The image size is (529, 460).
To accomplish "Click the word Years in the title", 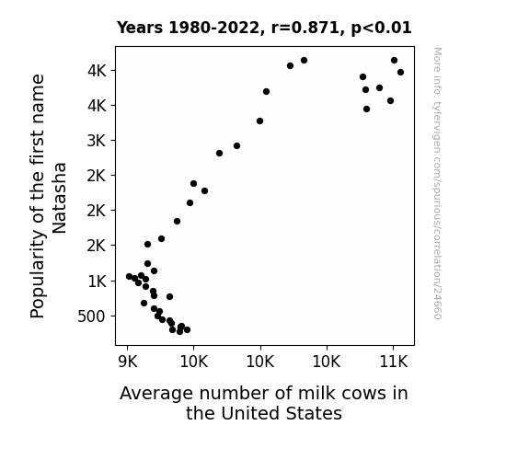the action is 140,28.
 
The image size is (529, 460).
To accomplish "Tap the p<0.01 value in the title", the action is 381,29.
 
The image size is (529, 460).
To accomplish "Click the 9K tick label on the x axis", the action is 128,362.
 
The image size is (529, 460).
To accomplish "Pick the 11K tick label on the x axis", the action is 394,362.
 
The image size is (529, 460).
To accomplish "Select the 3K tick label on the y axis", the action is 97,141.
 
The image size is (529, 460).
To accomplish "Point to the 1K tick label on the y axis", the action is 97,282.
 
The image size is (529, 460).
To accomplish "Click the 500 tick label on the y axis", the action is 91,316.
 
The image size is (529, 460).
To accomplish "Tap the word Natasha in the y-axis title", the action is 60,198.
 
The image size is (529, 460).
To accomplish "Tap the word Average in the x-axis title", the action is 156,393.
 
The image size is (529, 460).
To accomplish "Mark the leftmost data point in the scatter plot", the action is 129,276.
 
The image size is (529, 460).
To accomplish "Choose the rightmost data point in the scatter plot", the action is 400,73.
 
